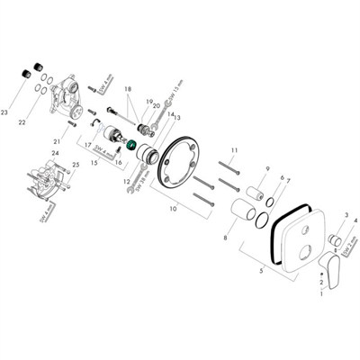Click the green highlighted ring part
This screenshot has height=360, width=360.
click(132, 147)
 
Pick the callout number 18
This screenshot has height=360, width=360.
click(128, 90)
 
